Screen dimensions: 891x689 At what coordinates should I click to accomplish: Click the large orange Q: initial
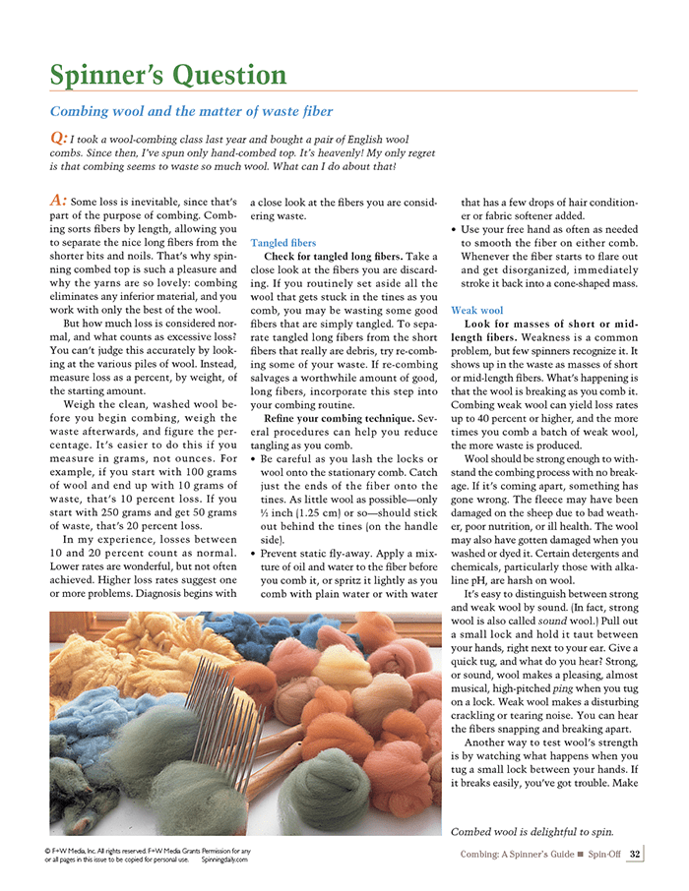click(x=58, y=139)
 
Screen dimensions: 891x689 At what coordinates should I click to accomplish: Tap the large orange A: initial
click(x=58, y=200)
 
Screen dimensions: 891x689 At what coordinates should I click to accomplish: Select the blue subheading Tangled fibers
click(x=283, y=242)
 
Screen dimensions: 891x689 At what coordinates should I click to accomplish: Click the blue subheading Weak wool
click(x=475, y=310)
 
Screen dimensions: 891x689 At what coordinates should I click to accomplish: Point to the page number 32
click(x=635, y=854)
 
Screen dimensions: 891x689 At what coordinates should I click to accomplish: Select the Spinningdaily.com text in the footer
click(x=224, y=859)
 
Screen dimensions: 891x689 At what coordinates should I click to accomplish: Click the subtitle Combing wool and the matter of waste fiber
click(x=191, y=112)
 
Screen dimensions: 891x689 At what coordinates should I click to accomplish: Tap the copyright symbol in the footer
click(x=49, y=850)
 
